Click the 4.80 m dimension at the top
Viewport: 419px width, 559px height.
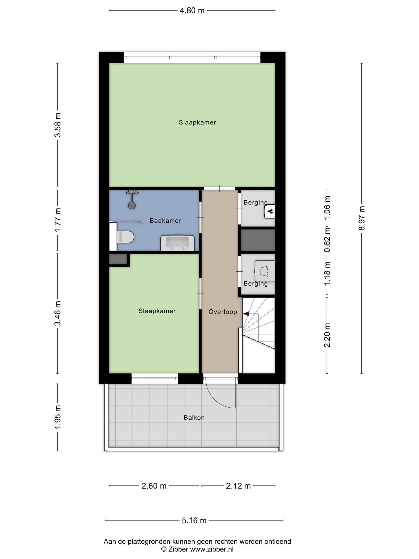[192, 11]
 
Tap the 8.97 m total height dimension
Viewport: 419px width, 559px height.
[362, 218]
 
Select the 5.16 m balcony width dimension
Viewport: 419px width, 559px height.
[194, 520]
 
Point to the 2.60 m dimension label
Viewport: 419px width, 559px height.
[154, 486]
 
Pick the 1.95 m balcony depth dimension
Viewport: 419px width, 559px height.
[58, 417]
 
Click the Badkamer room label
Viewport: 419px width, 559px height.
[165, 221]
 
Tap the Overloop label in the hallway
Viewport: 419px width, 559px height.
[223, 312]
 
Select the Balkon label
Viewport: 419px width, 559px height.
[194, 418]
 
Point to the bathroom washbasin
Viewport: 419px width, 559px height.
[178, 243]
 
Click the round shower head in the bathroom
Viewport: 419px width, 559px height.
[132, 205]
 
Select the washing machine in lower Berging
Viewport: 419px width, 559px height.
[265, 271]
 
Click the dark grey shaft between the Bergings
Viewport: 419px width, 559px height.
[258, 240]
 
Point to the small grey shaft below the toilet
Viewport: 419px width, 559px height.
[118, 259]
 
